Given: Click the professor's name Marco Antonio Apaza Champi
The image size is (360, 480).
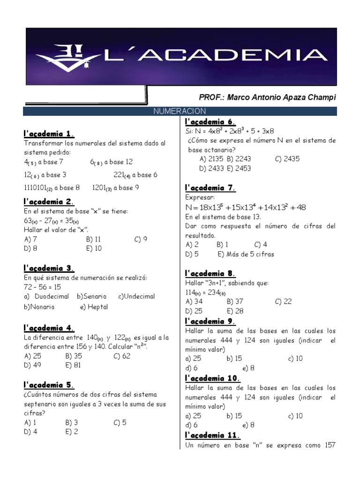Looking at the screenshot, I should click(268, 97).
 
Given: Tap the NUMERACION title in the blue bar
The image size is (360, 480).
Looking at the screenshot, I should click(180, 111).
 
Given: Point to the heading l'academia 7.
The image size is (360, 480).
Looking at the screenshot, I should click(210, 188).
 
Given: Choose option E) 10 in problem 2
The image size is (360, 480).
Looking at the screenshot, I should click(94, 248).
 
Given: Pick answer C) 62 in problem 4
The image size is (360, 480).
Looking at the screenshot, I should click(123, 356).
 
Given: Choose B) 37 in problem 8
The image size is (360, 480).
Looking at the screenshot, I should click(235, 301).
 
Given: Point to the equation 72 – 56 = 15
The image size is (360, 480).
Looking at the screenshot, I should click(42, 287).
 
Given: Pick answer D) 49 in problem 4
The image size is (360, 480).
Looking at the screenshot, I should click(32, 365).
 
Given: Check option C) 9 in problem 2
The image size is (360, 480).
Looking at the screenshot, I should click(141, 239).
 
